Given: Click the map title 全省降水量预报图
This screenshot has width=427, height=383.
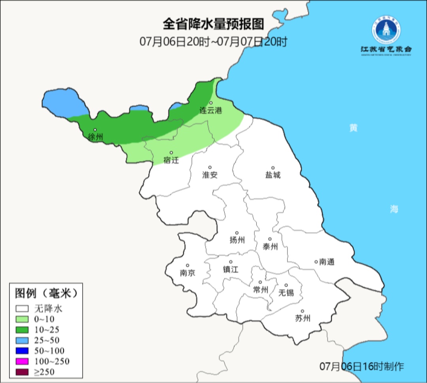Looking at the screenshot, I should click(213, 25).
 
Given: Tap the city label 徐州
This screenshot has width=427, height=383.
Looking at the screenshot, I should click(96, 137).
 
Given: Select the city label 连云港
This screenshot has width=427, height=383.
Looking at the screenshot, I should click(211, 111).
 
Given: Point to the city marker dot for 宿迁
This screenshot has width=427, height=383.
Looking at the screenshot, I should click(171, 153).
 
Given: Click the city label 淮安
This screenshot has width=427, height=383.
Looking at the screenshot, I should click(210, 175).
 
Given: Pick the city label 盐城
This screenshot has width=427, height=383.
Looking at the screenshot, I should click(273, 175).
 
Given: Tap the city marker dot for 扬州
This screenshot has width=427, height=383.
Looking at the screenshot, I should click(237, 233).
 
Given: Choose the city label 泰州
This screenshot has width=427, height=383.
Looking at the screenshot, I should click(270, 247).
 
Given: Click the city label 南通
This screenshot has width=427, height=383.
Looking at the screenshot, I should click(327, 262).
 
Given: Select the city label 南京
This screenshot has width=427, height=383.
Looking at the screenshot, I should click(187, 273).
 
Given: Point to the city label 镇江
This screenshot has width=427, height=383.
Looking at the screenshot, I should click(231, 269).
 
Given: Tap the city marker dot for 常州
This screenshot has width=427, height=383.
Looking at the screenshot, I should click(260, 282).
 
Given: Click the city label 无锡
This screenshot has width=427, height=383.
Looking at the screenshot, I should click(286, 292).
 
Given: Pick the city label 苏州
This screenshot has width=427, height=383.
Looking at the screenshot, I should click(303, 318).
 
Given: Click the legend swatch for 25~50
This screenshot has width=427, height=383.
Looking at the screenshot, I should click(22, 340).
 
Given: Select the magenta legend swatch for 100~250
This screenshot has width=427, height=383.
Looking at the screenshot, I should click(22, 361).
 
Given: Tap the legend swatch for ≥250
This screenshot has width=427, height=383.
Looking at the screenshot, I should click(22, 372).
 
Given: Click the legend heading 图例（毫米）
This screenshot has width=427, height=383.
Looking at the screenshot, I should click(45, 293).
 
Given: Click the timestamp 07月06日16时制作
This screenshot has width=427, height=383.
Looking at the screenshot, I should click(362, 366).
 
